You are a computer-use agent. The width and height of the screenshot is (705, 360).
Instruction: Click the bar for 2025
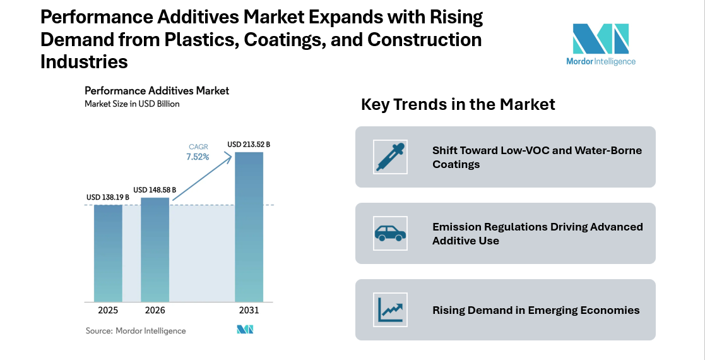[108, 253]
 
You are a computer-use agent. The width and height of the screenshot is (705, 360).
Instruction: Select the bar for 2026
[155, 249]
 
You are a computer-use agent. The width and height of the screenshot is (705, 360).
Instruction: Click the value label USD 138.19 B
[108, 198]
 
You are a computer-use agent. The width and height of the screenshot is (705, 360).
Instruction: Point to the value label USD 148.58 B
[155, 189]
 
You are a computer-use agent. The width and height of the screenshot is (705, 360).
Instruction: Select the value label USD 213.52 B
[249, 145]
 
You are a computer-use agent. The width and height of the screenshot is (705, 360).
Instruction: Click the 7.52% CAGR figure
[198, 157]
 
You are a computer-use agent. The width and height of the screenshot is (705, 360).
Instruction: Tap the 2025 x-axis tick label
[108, 310]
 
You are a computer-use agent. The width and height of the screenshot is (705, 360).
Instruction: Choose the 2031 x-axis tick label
[249, 310]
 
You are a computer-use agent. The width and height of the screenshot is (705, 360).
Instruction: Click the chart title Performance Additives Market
[157, 91]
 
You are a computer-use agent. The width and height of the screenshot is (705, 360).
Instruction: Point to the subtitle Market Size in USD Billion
[132, 104]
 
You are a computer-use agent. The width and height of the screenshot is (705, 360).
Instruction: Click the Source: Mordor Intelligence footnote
[136, 330]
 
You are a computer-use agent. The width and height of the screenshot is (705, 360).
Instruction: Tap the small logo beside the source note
[244, 330]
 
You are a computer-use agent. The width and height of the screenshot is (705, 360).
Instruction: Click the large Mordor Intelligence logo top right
[600, 44]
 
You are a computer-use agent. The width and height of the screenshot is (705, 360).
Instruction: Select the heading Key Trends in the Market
[458, 104]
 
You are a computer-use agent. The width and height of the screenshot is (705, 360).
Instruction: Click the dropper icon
[390, 157]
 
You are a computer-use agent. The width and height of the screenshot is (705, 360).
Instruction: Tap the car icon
[390, 234]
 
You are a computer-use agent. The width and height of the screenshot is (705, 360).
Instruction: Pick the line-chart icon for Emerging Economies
[390, 310]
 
